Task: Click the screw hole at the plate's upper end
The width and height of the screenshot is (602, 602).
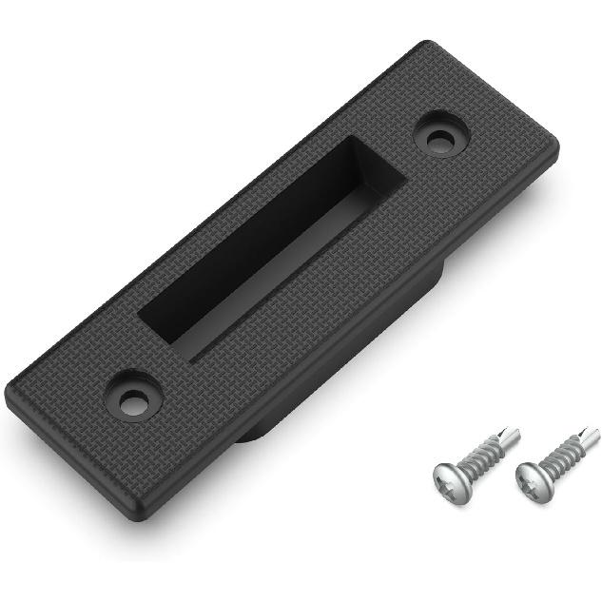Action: pyautogui.click(x=438, y=138)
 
